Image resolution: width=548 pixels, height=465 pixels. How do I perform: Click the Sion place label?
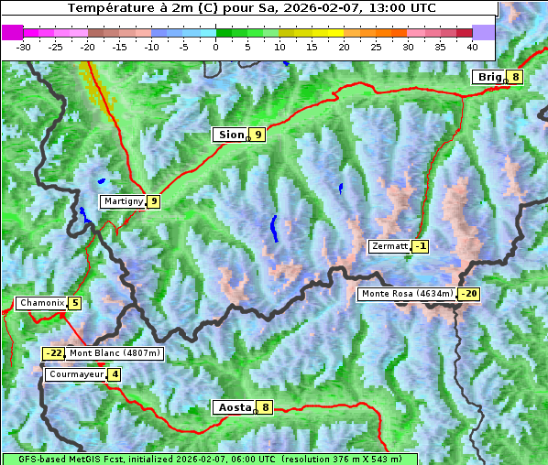[x=229, y=135]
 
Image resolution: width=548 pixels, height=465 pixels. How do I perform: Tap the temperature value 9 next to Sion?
[x=258, y=135]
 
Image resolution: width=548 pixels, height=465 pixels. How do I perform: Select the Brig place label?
[x=488, y=77]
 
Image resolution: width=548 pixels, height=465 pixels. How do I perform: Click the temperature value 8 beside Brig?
[x=516, y=77]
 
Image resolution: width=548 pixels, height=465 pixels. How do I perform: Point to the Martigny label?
[x=123, y=201]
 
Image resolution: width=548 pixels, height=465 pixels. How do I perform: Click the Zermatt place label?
[x=389, y=246]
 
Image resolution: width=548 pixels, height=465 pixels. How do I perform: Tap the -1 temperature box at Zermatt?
[x=420, y=246]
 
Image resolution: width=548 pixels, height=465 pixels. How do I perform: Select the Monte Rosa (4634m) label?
[x=406, y=294]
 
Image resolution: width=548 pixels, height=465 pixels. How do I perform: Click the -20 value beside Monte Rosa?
[x=468, y=294]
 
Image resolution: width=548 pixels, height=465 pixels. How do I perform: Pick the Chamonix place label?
[x=40, y=303]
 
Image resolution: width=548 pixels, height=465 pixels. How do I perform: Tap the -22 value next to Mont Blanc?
[x=54, y=353]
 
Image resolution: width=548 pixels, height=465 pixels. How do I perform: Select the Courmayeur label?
[x=75, y=374]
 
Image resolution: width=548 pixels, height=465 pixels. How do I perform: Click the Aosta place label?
[x=234, y=407]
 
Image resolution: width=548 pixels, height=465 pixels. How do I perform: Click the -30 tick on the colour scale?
[x=24, y=46]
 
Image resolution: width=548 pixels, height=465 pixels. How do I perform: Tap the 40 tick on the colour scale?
[x=472, y=46]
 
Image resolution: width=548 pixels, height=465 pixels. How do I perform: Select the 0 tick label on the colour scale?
[x=216, y=46]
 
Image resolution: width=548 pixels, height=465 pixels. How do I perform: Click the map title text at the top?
[x=251, y=8]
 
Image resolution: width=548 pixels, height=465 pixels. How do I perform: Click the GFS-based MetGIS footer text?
[x=209, y=459]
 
